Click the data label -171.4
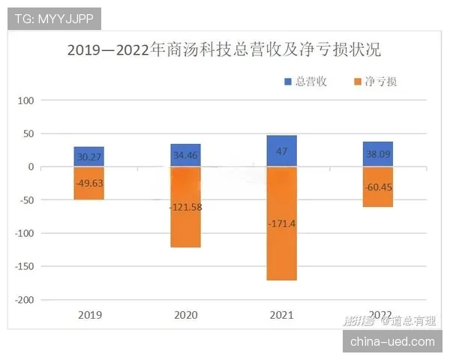[281, 223]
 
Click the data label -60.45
[377, 187]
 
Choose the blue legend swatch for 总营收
[288, 82]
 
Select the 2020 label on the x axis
[185, 315]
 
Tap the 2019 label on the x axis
[88, 315]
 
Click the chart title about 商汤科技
[224, 51]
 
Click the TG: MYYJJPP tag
[54, 17]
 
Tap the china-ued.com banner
[392, 341]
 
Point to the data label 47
[281, 151]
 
